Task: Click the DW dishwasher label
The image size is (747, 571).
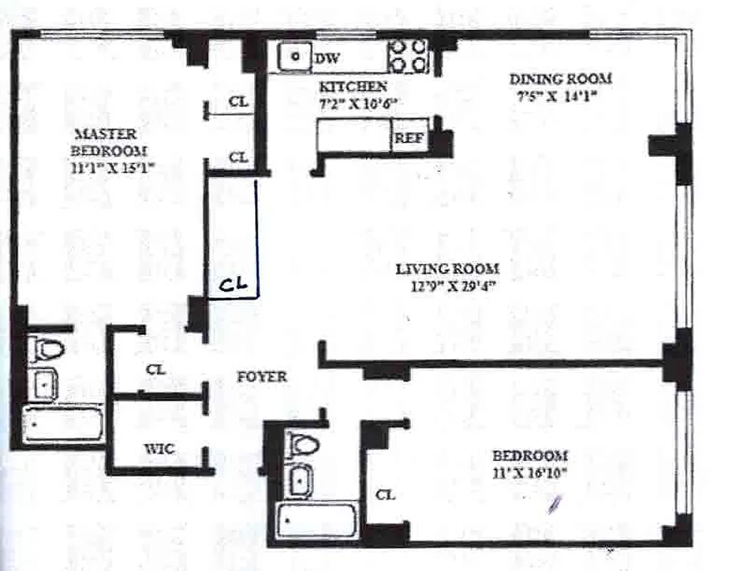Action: [x=327, y=59]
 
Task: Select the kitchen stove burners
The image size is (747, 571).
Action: [x=408, y=56]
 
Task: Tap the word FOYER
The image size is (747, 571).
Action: [x=262, y=377]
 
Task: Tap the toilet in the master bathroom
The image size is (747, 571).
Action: [x=48, y=350]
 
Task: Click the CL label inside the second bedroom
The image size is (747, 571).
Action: [x=385, y=494]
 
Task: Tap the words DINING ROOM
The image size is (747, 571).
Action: [x=560, y=79]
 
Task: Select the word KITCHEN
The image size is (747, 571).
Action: [x=353, y=87]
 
